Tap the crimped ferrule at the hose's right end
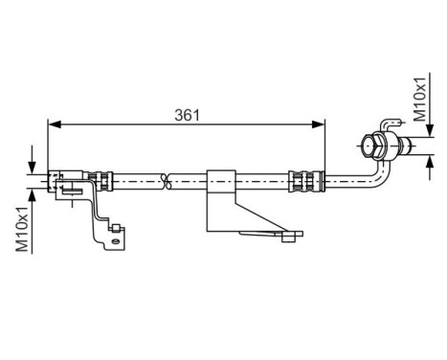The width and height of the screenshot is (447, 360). tap(304, 179)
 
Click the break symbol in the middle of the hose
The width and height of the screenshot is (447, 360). tap(166, 178)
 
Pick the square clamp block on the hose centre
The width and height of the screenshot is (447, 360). tap(221, 178)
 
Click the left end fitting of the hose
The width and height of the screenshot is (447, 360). tap(59, 178)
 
